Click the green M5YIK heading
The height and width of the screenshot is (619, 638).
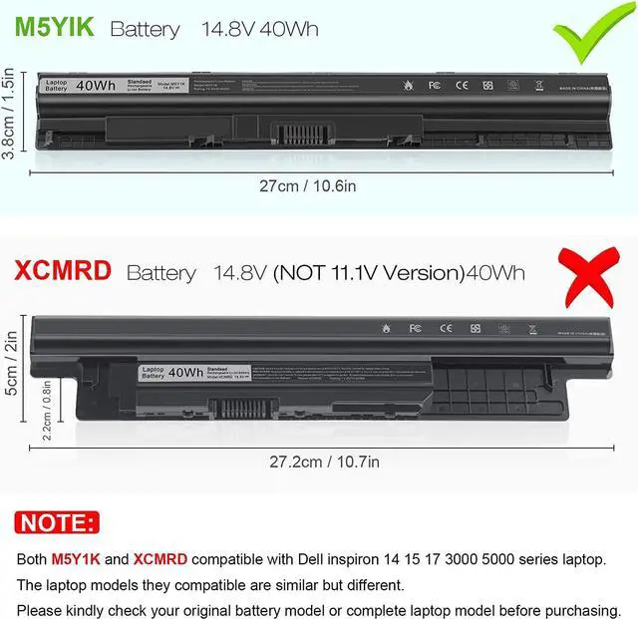click(54, 27)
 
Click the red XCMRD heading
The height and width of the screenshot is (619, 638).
click(63, 270)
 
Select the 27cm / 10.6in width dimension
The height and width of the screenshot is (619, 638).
click(321, 186)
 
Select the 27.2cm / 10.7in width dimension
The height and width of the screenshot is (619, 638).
click(324, 462)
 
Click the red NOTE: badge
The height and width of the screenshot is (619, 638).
click(59, 522)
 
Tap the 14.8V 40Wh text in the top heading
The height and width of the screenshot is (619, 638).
click(260, 29)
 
